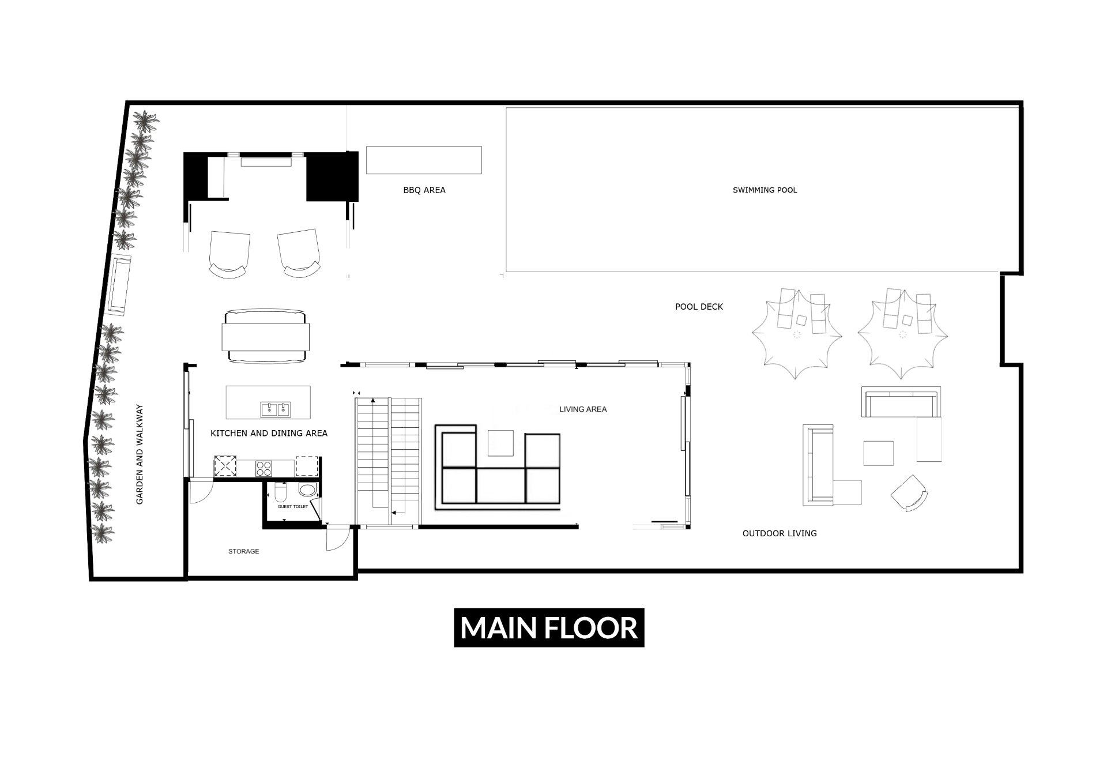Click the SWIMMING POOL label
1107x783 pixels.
pos(765,190)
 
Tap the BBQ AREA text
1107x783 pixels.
pos(424,190)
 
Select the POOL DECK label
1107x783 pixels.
pos(699,307)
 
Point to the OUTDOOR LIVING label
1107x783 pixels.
pos(780,533)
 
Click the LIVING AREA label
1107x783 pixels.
pos(583,409)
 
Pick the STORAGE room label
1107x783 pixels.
pos(244,551)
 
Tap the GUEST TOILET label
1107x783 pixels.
pos(293,507)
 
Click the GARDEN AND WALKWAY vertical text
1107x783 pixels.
pos(140,454)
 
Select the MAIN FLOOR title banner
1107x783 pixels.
pos(549,628)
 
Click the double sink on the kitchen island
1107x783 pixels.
pos(276,409)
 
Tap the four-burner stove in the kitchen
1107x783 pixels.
pos(263,468)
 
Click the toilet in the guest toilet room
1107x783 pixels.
pos(281,492)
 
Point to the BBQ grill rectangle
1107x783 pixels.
pos(424,160)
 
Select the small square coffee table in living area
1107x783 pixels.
pos(500,443)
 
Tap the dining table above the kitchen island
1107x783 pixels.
pos(266,336)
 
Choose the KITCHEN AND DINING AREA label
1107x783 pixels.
pos(269,434)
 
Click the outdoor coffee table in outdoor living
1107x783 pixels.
pos(878,453)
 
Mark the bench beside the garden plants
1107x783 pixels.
pos(119,285)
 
